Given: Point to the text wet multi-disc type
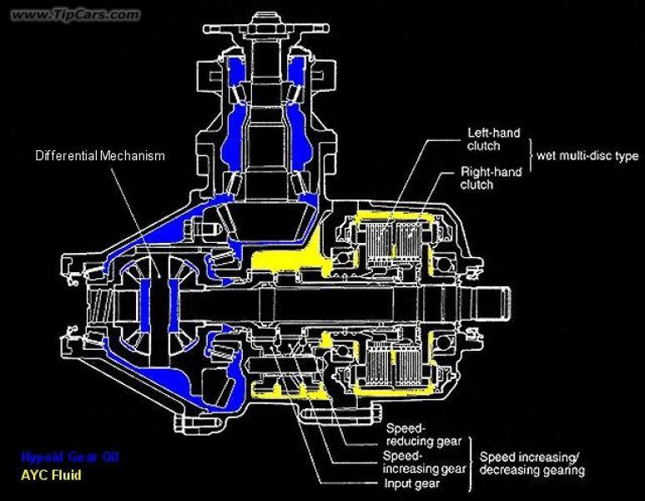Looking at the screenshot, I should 589,155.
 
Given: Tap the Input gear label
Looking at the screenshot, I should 414,483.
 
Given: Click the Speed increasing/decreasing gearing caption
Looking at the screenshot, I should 532,463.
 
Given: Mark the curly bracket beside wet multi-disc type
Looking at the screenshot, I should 531,156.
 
